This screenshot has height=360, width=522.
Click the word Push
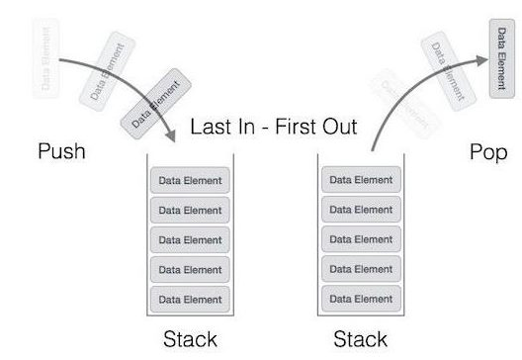[x=61, y=152]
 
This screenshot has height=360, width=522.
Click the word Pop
[x=488, y=152]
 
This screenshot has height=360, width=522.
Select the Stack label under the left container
[x=190, y=339]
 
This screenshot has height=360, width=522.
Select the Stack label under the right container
[x=361, y=339]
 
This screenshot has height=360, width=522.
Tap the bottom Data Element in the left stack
[x=191, y=299]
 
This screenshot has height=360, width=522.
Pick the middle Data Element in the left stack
[x=191, y=240]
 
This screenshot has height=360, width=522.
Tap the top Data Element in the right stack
[x=361, y=180]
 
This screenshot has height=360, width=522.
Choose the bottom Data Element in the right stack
[x=361, y=299]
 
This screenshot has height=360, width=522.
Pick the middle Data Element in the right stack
[x=361, y=239]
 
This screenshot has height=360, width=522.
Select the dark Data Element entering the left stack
[x=148, y=103]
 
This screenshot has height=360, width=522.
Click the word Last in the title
[x=212, y=128]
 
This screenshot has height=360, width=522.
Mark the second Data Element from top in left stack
[x=191, y=211]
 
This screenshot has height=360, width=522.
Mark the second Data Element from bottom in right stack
[x=361, y=269]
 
